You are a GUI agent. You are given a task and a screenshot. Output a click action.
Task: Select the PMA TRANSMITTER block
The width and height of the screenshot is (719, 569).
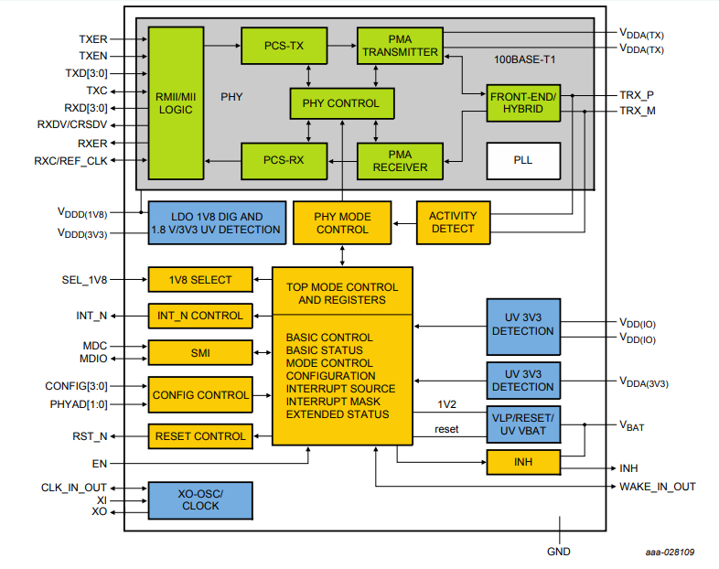tap(400, 46)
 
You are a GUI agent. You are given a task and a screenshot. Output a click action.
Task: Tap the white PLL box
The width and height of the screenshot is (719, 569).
tap(522, 160)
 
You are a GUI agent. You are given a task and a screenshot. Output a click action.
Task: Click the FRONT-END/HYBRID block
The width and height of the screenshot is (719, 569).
tap(523, 102)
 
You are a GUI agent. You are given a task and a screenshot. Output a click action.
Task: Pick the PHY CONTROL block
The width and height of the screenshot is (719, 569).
tap(341, 103)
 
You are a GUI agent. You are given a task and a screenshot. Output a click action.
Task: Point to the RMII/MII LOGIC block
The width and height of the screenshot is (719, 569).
tap(175, 102)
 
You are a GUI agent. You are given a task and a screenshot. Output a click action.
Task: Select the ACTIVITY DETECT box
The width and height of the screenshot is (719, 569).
tap(452, 222)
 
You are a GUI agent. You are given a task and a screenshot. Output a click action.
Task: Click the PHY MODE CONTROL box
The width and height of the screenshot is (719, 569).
tap(342, 223)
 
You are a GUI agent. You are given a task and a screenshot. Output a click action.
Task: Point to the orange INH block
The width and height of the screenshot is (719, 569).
tap(522, 463)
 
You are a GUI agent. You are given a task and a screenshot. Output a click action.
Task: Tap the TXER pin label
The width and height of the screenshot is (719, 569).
tap(93, 39)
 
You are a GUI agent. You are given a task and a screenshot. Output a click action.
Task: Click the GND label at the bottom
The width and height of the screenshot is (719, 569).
tap(558, 552)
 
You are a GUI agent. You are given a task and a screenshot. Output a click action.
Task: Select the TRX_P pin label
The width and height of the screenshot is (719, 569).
tap(637, 95)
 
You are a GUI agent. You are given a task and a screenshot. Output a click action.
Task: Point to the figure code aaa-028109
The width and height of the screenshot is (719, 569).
tap(669, 553)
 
